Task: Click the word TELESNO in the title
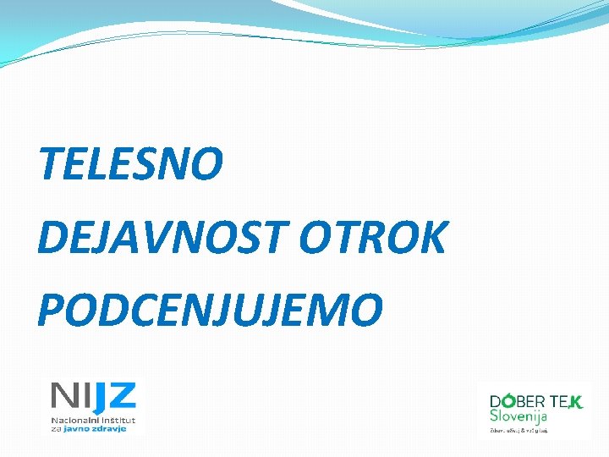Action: coord(131,164)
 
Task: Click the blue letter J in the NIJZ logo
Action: coord(100,397)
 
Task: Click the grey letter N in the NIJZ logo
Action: coord(63,395)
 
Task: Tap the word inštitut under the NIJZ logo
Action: coord(116,420)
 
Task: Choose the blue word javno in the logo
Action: coord(78,429)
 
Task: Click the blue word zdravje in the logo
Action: coord(110,429)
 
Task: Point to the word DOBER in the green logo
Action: coord(517,403)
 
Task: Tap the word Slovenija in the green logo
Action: coord(518,416)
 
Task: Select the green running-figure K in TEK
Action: coord(575,403)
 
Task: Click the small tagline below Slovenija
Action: coord(518,430)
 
